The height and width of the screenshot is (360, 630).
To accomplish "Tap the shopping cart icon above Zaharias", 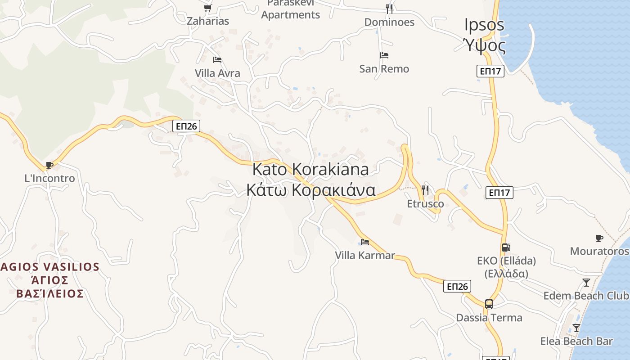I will pos(207,8).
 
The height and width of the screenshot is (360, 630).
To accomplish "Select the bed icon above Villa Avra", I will pos(217,60).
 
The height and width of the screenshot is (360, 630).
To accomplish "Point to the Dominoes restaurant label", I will pos(389,22).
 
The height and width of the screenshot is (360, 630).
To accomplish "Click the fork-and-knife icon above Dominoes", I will pos(389,9).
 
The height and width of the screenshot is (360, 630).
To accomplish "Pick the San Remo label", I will pos(384,69).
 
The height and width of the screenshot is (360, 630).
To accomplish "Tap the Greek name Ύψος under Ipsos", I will pos(485,45).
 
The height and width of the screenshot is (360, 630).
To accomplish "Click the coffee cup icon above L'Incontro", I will pos(49,166).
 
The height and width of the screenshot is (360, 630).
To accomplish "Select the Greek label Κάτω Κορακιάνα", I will pos(310,190).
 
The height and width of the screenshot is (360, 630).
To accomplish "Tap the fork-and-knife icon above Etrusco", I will pos(425,190).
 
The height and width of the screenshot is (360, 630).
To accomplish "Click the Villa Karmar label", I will pos(365,256).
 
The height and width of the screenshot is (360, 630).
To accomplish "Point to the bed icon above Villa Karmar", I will pos(365,242).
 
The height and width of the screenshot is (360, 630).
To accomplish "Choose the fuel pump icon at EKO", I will pos(506,247).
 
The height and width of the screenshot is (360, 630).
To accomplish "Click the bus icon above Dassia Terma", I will pos(489,304).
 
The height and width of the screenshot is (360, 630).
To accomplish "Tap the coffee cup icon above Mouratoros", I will pos(599,238).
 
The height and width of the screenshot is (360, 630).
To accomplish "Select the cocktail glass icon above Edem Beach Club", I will pos(586,283).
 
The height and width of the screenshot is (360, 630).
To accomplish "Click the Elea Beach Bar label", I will pos(576,341).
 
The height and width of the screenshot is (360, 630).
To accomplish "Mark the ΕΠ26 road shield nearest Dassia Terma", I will pos(457,286).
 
